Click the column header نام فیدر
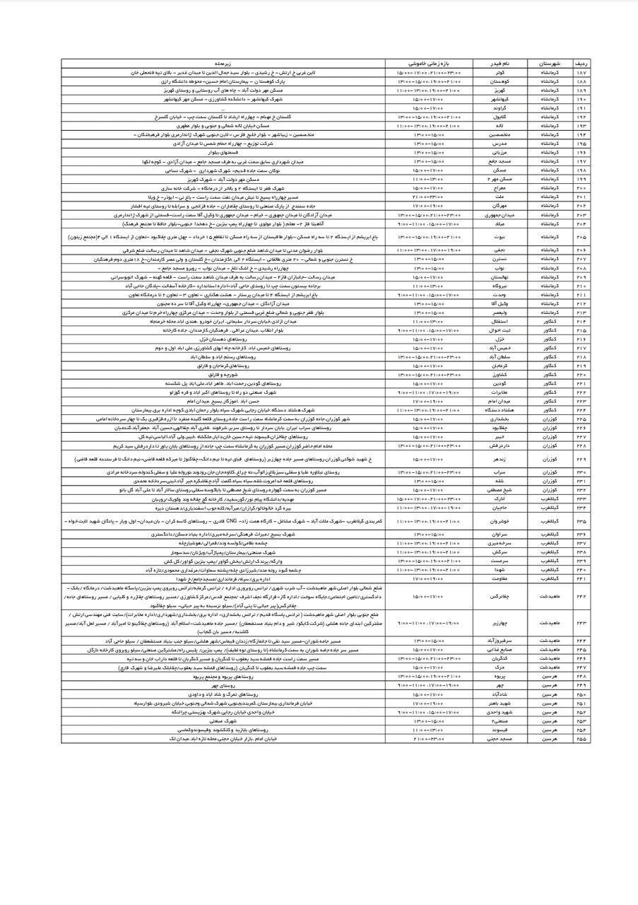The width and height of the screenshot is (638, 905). click(500, 63)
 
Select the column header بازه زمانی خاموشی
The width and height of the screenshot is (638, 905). click(430, 63)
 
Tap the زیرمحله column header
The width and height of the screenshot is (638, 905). click(225, 63)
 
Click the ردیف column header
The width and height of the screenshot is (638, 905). click(582, 63)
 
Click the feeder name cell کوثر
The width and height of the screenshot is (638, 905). click(500, 72)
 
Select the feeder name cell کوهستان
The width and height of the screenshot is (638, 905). click(500, 81)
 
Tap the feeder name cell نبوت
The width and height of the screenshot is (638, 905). click(500, 237)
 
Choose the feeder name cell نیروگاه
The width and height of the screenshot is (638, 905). click(500, 286)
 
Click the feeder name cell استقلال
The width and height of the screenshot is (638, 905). click(500, 321)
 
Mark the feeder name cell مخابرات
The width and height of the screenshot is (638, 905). click(500, 392)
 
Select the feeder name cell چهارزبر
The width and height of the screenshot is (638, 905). click(500, 622)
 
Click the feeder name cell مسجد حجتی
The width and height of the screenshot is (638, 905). click(500, 739)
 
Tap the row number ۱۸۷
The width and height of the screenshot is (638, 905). click(582, 72)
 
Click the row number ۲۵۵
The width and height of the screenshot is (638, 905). click(582, 739)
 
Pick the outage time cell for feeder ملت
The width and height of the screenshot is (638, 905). click(430, 197)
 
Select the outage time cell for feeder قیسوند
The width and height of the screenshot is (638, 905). click(430, 730)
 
